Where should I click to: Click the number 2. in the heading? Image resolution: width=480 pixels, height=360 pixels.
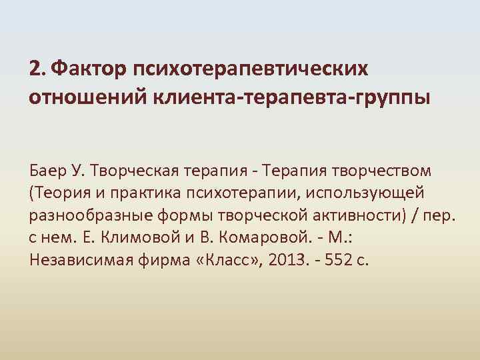pyautogui.click(x=37, y=69)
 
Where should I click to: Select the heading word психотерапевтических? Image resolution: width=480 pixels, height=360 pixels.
pyautogui.click(x=251, y=69)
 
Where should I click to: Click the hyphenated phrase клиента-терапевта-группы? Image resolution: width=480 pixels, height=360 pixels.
pyautogui.click(x=292, y=98)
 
